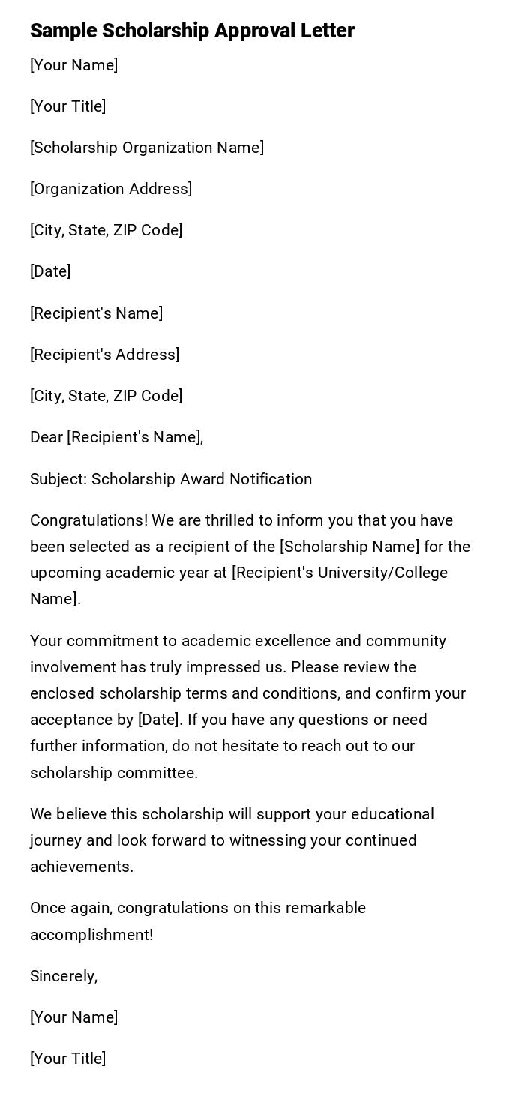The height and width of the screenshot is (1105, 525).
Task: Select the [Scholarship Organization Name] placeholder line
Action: (147, 148)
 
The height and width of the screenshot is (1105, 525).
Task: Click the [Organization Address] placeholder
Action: (111, 189)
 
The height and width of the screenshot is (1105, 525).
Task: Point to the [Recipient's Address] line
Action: (105, 355)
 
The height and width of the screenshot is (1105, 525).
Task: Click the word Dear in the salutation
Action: (46, 437)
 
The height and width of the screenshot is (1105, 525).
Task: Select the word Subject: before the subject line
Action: (58, 479)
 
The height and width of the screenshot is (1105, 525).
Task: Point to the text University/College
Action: (382, 573)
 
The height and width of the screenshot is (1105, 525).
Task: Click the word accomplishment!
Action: (91, 935)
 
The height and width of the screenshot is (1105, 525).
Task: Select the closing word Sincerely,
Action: (64, 976)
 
